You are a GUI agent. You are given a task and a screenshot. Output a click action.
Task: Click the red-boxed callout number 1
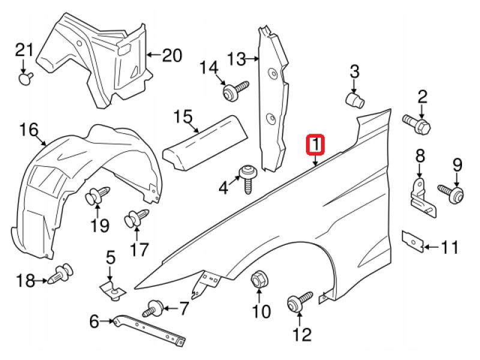pos(315,145)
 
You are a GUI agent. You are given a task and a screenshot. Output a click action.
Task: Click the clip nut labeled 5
pos(112,289)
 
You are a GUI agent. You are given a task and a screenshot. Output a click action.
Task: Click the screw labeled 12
pos(299,302)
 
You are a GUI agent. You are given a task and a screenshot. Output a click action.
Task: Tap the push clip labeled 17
pos(135,219)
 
